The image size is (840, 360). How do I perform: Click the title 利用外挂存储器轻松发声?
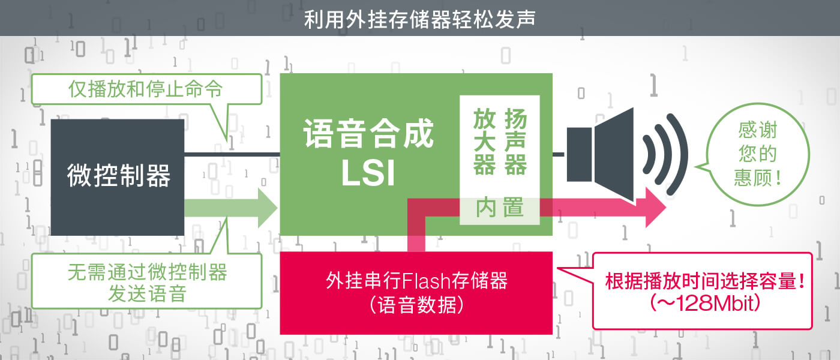click(x=419, y=19)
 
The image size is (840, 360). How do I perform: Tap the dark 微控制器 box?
click(x=118, y=178)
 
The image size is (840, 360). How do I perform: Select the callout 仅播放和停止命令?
click(x=146, y=89)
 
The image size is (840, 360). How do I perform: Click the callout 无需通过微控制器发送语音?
click(x=146, y=281)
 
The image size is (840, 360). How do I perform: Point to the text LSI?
click(x=368, y=173)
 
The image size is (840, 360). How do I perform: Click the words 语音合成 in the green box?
click(x=368, y=133)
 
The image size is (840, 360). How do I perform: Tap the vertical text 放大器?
click(x=485, y=142)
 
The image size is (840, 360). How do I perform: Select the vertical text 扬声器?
click(x=515, y=142)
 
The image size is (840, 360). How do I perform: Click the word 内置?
click(x=499, y=208)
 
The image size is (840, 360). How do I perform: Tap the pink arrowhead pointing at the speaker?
click(x=655, y=208)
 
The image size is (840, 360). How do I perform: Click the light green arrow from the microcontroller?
click(x=230, y=208)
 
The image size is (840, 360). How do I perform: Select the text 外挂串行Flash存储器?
click(x=416, y=281)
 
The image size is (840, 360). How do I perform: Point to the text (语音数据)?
click(x=416, y=305)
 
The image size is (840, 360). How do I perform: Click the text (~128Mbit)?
click(x=705, y=303)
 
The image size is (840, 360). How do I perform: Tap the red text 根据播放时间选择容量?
click(x=705, y=281)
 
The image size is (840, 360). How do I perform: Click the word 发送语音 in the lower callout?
click(x=147, y=293)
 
